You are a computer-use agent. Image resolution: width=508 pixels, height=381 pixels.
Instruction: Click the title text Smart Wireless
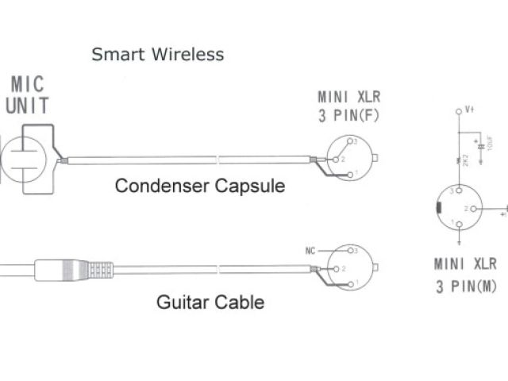(x=157, y=55)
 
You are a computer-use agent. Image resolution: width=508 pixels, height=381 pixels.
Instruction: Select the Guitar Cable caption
(x=210, y=302)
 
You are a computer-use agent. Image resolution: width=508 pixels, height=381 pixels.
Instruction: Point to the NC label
(x=311, y=250)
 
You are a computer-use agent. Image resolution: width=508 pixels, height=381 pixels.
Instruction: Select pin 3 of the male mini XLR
(x=458, y=191)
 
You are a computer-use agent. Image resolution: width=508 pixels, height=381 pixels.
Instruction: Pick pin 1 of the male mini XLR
(x=458, y=223)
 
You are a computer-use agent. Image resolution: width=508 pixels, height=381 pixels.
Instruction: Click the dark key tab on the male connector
(x=439, y=208)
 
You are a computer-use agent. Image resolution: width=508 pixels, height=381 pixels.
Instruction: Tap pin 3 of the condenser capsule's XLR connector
(x=350, y=142)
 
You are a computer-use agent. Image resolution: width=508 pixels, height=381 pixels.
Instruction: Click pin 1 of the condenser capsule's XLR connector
(x=350, y=172)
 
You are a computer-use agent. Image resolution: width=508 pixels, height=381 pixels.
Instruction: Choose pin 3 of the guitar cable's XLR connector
(x=350, y=252)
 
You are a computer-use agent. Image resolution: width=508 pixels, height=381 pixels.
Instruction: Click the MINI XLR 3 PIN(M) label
(x=465, y=274)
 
